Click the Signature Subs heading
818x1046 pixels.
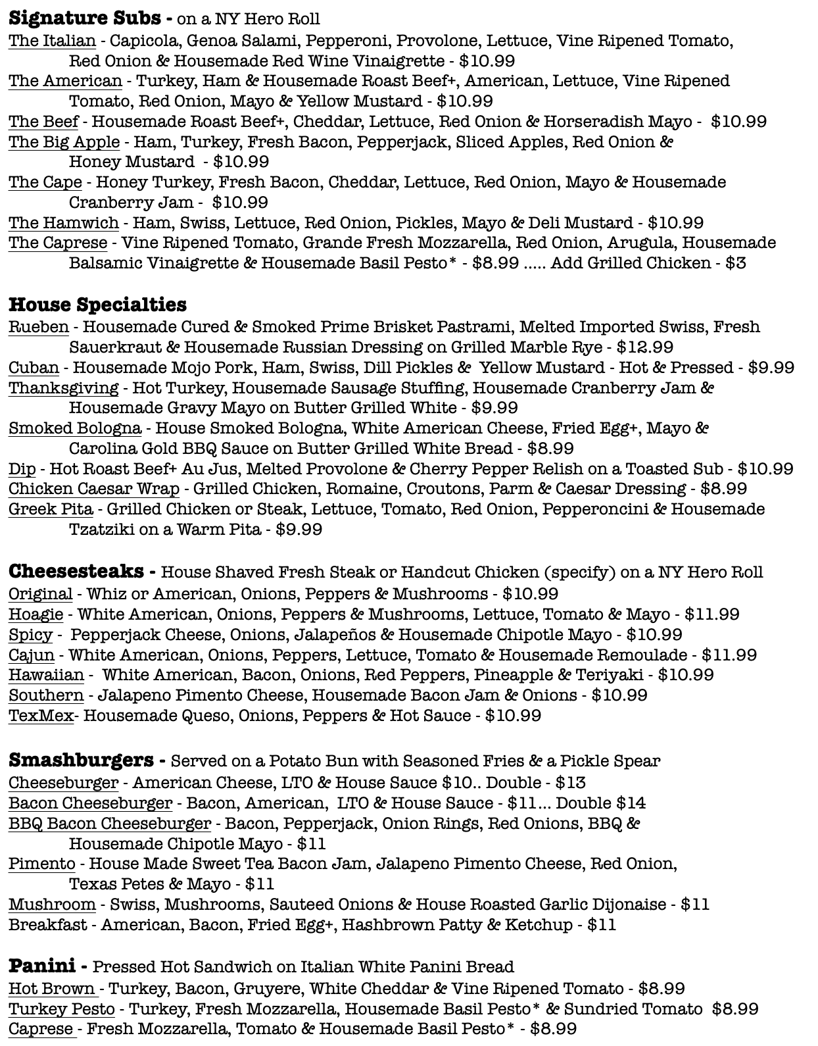[x=84, y=18]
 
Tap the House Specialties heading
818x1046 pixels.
[x=97, y=305]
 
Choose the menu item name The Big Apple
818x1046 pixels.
[x=64, y=142]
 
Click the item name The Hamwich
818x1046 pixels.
[x=63, y=223]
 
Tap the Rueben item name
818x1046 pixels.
[x=38, y=327]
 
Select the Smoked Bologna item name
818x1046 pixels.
[x=74, y=428]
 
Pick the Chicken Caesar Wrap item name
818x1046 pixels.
[x=93, y=489]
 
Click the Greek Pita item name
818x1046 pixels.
[x=51, y=509]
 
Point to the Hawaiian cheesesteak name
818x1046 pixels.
[x=46, y=675]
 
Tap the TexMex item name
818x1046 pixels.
[x=41, y=716]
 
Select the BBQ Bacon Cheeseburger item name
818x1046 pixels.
[x=110, y=824]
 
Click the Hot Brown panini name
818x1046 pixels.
[x=52, y=989]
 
